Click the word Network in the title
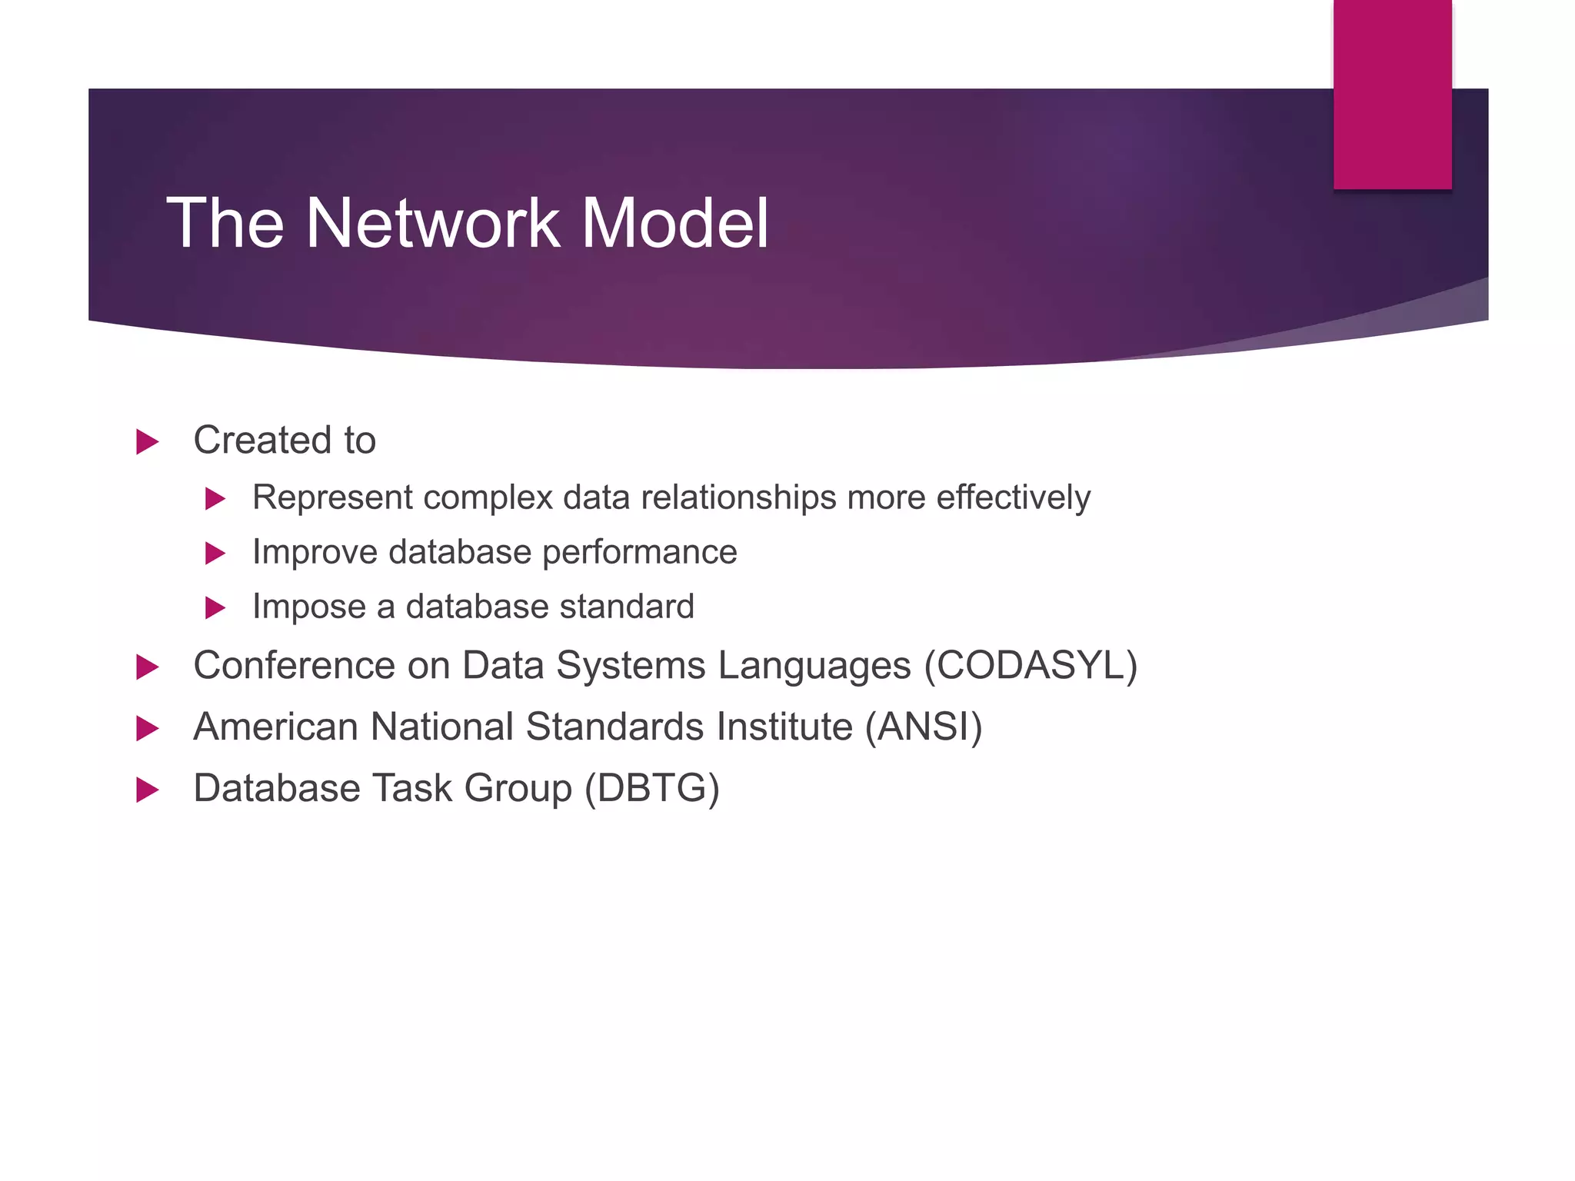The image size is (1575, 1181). point(433,223)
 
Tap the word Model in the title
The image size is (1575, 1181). point(674,223)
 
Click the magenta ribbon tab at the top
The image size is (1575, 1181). point(1392,95)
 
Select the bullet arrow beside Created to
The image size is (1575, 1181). point(147,442)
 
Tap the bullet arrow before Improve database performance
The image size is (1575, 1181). point(215,554)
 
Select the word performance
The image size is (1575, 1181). point(639,553)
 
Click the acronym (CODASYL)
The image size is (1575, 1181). point(1031,666)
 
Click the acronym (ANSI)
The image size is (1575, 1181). point(924,727)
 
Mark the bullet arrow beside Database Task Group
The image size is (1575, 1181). point(147,790)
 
